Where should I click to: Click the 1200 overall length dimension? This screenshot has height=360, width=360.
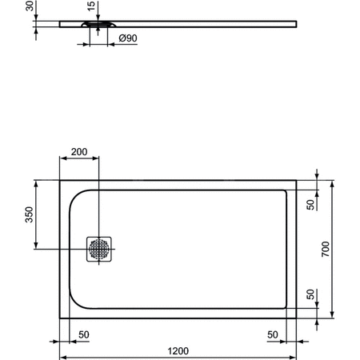[178, 350]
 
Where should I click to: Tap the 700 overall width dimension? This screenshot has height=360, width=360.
[326, 248]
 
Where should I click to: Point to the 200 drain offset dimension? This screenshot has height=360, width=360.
[79, 152]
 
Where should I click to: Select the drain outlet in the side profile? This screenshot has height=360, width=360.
[98, 26]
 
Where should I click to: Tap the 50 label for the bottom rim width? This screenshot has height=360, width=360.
[311, 294]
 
